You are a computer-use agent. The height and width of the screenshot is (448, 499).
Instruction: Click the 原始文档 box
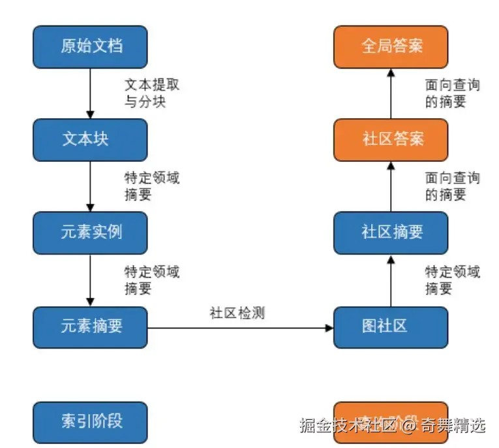tap(90, 46)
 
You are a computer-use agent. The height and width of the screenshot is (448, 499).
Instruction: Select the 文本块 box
tap(90, 140)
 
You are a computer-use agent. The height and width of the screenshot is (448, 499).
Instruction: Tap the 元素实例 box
tap(90, 232)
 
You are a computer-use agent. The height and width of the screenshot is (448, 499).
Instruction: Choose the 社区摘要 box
tap(390, 232)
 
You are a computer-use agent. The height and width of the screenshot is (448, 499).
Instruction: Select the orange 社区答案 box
tap(390, 140)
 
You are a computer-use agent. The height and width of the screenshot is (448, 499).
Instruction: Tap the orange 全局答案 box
tap(390, 46)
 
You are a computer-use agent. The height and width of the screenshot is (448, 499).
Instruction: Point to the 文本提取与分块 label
tap(151, 93)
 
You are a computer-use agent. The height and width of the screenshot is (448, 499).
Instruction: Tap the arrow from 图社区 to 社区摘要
tap(390, 281)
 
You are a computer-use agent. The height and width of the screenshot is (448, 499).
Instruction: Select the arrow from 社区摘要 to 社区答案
tap(390, 187)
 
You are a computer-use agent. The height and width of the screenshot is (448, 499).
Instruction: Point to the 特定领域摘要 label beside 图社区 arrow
tap(452, 280)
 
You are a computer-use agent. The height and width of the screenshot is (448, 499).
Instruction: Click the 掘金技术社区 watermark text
tap(348, 426)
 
